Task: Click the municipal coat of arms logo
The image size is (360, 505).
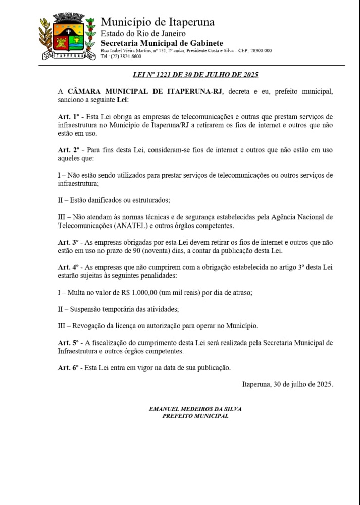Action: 67,39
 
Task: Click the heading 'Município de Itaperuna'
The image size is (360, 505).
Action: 158,22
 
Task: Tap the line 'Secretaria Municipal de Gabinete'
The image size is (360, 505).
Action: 162,43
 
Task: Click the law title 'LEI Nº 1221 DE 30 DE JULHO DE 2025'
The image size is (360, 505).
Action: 195,75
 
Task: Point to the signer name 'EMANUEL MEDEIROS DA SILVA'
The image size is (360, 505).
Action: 195,409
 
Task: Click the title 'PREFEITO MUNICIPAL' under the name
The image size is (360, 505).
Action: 195,416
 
